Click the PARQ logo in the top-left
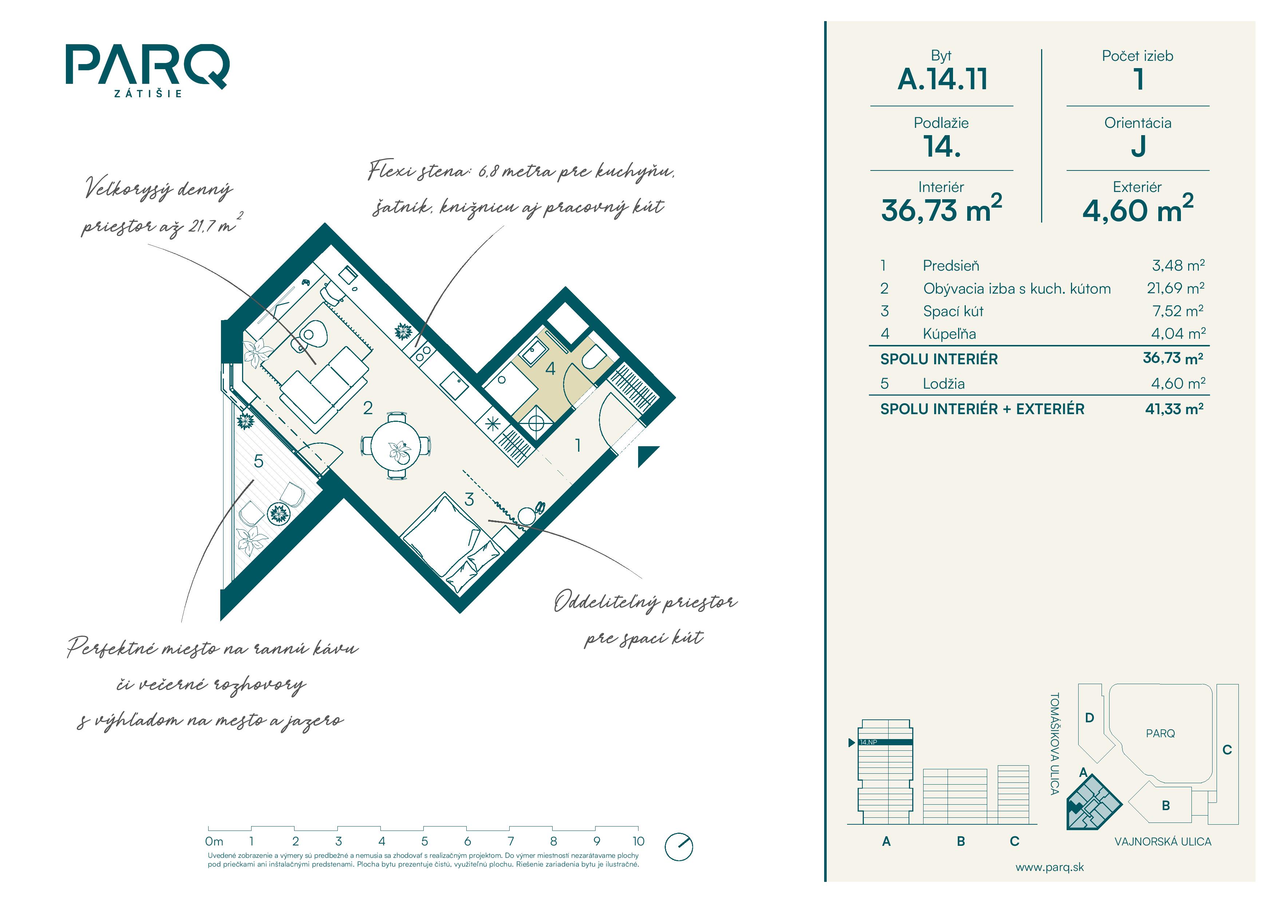[x=147, y=70]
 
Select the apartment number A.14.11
[x=942, y=79]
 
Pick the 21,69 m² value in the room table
[x=1175, y=288]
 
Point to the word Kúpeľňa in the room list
[x=949, y=333]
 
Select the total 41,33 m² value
[x=1174, y=409]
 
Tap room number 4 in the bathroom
[x=550, y=368]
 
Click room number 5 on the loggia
[x=258, y=461]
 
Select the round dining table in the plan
[x=395, y=445]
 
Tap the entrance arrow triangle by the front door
[x=647, y=455]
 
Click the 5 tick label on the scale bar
[x=424, y=841]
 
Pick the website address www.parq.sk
[x=1049, y=867]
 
